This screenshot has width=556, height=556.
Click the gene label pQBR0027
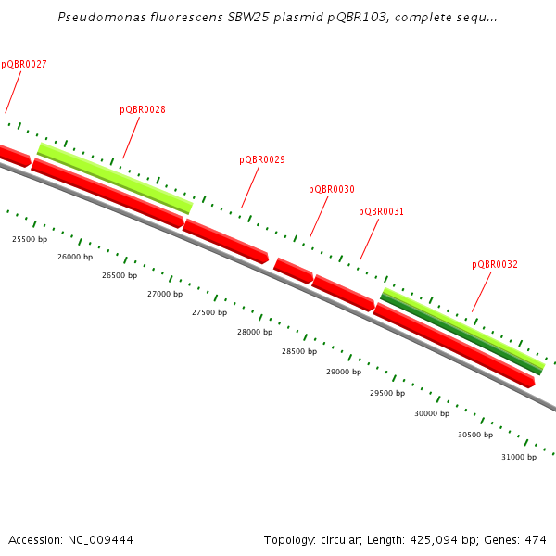click(x=24, y=65)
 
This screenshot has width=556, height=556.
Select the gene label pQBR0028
click(x=143, y=109)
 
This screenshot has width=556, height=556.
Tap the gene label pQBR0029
click(x=262, y=159)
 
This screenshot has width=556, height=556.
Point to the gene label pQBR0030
click(x=332, y=189)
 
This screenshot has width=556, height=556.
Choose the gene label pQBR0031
click(x=382, y=211)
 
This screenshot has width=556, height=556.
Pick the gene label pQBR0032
click(x=495, y=264)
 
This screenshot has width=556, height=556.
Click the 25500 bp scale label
click(x=30, y=239)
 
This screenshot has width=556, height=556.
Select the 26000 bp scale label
click(x=75, y=257)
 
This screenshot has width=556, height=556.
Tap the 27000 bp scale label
click(x=165, y=294)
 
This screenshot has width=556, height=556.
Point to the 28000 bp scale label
click(x=255, y=332)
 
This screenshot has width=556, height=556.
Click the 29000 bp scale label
click(x=344, y=372)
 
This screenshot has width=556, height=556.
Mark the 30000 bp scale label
click(x=432, y=413)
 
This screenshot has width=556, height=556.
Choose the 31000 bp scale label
click(x=519, y=457)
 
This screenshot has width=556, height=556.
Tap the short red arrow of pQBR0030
click(x=293, y=271)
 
